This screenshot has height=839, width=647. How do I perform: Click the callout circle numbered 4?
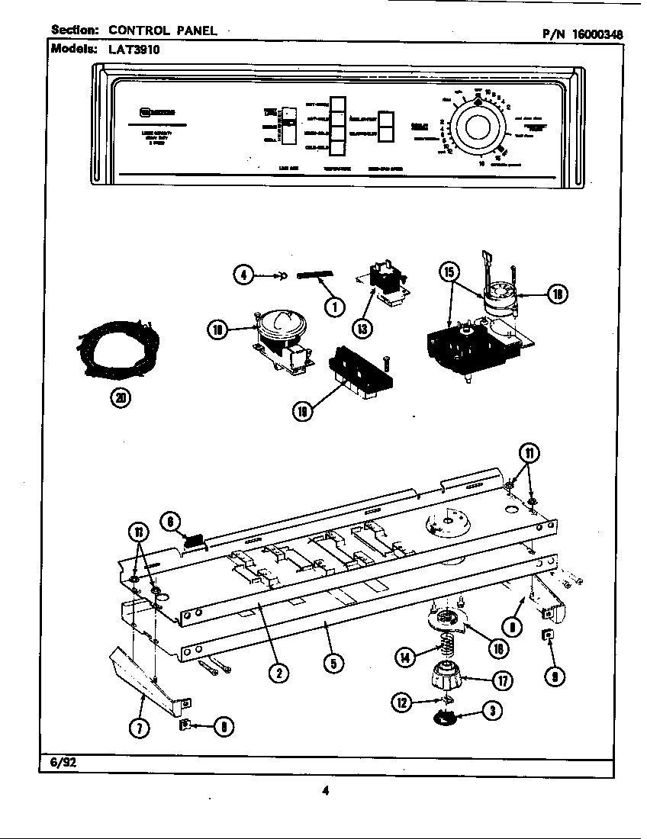pyautogui.click(x=243, y=275)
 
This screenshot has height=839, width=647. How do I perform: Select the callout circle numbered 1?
pyautogui.click(x=333, y=307)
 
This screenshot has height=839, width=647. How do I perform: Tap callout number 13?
pyautogui.click(x=362, y=328)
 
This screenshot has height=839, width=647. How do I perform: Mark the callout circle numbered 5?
pyautogui.click(x=332, y=663)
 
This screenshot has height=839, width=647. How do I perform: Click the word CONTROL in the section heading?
pyautogui.click(x=139, y=31)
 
